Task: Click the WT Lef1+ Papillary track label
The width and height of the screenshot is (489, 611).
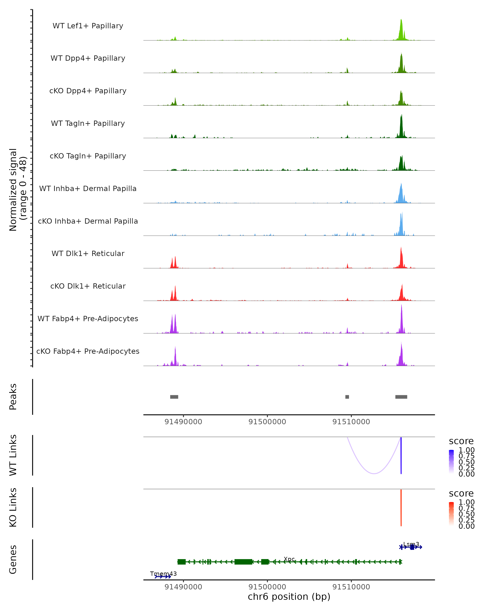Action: (x=88, y=26)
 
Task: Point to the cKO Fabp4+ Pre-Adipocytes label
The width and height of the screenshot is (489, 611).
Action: (x=88, y=351)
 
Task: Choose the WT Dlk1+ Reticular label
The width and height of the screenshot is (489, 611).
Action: (x=88, y=253)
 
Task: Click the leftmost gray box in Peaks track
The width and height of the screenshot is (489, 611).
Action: (x=174, y=397)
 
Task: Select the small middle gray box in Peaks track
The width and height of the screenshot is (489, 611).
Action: (x=347, y=397)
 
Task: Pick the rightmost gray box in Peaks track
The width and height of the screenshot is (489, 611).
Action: (x=401, y=397)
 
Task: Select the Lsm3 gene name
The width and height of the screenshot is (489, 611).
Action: (x=411, y=544)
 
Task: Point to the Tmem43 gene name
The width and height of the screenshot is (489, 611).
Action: (x=163, y=574)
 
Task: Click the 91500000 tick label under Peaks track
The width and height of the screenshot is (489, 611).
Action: (x=267, y=422)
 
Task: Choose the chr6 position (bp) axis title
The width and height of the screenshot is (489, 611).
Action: (x=289, y=597)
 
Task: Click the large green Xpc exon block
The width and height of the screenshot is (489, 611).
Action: (x=243, y=562)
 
